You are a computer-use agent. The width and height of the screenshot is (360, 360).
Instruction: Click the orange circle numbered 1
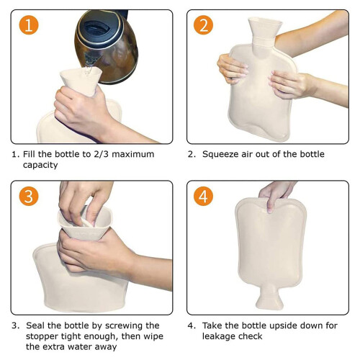click(x=29, y=25)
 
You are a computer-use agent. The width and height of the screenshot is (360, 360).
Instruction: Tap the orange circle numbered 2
click(x=203, y=25)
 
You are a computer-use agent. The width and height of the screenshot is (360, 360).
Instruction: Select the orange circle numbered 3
click(x=29, y=196)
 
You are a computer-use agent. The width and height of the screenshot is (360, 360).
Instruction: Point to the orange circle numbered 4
click(x=203, y=196)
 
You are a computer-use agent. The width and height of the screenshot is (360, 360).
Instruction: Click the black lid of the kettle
click(x=99, y=29)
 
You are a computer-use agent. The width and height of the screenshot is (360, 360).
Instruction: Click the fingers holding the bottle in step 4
click(x=276, y=196)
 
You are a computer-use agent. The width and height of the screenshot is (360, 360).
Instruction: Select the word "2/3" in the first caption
click(x=101, y=154)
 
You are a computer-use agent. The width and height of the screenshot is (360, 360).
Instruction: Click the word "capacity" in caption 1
click(x=40, y=165)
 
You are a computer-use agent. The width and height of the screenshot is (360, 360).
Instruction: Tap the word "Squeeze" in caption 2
click(x=220, y=154)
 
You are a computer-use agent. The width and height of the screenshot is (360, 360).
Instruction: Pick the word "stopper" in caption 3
click(x=42, y=336)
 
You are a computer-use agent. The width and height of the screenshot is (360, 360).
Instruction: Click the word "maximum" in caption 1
click(x=133, y=154)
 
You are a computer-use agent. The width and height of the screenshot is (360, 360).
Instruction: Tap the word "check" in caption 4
click(x=251, y=336)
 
